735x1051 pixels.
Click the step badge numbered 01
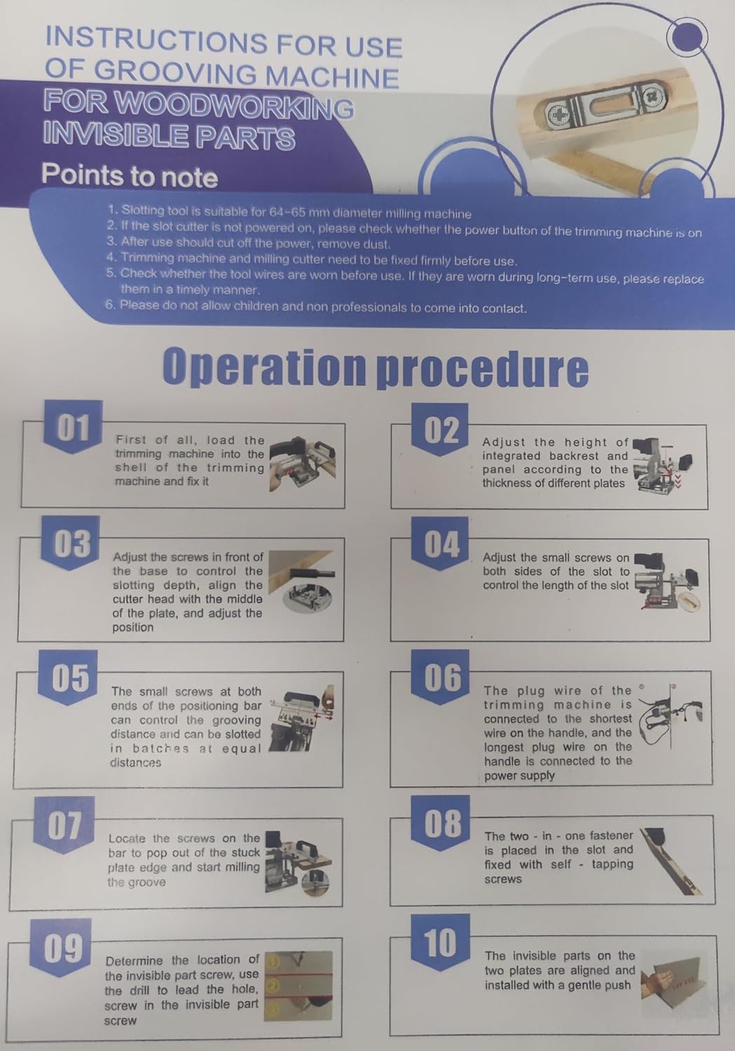[73, 426]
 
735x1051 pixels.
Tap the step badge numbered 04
[440, 544]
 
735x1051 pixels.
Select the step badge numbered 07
[64, 825]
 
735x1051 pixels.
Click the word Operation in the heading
[263, 367]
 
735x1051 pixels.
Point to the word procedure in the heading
[483, 369]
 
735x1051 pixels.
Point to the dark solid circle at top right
[687, 36]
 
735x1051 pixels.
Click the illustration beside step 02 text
[662, 465]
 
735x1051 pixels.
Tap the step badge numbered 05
[69, 678]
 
